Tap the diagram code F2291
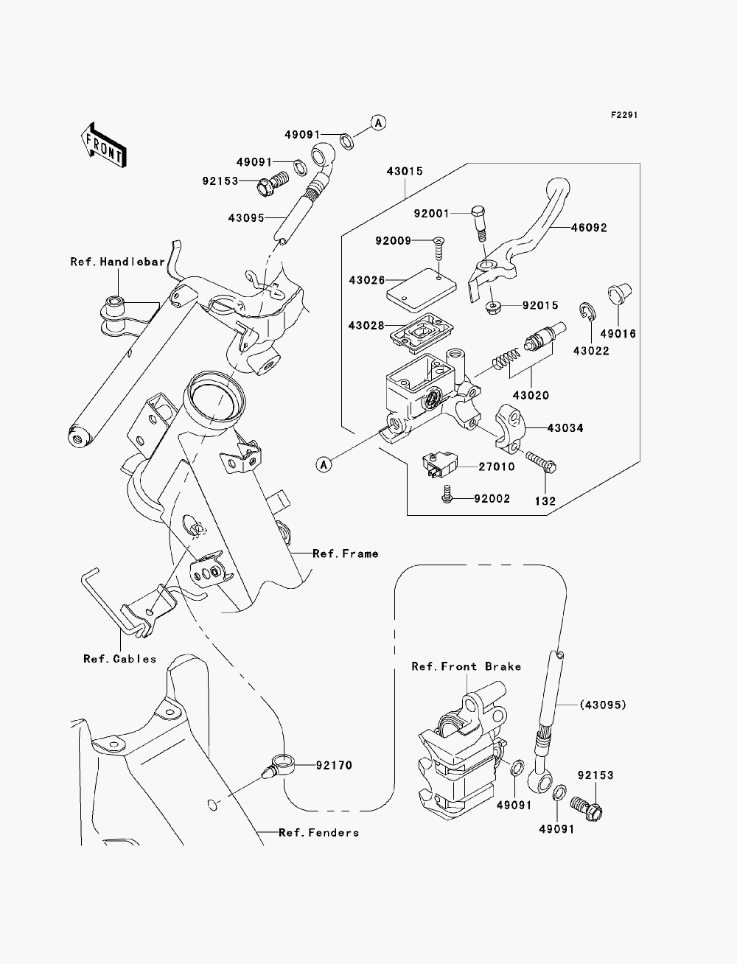pos(624,115)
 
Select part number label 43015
pos(405,171)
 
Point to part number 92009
pos(393,241)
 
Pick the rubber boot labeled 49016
pos(619,293)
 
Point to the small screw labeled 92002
pos(447,494)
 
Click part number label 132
pos(545,501)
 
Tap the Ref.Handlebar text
pos(118,262)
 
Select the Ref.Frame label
pos(346,553)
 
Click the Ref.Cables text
pos(120,659)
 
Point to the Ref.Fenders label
pos(319,833)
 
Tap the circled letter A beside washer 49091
pos(378,122)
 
